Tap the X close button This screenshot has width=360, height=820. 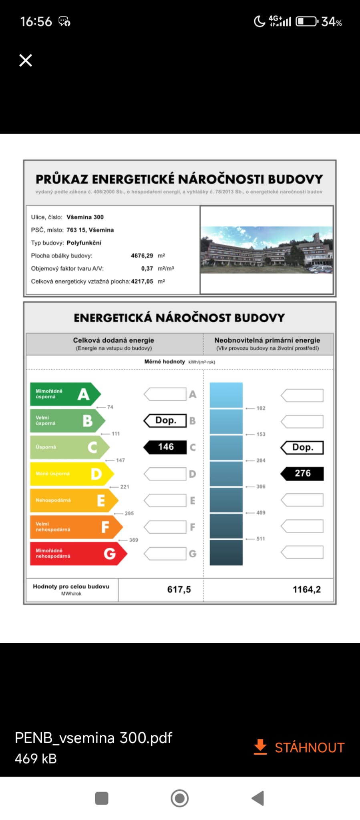(x=26, y=60)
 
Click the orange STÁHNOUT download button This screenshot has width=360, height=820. (x=300, y=747)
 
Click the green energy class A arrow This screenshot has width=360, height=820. (x=64, y=394)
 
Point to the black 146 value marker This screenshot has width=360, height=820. (x=165, y=447)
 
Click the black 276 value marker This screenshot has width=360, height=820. (x=302, y=473)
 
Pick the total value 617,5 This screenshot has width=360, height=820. (x=179, y=589)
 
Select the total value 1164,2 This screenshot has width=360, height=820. (x=306, y=589)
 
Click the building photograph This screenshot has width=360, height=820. (x=266, y=250)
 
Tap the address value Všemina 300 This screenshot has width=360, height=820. (x=85, y=217)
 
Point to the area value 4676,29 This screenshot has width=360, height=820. (x=142, y=255)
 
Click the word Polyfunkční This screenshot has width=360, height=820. (x=84, y=243)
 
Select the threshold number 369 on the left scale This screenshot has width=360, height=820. (x=133, y=540)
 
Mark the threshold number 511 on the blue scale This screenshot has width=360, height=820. (x=261, y=539)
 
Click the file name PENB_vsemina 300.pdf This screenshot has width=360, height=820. (x=93, y=738)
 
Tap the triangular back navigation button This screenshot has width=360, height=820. (x=258, y=798)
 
